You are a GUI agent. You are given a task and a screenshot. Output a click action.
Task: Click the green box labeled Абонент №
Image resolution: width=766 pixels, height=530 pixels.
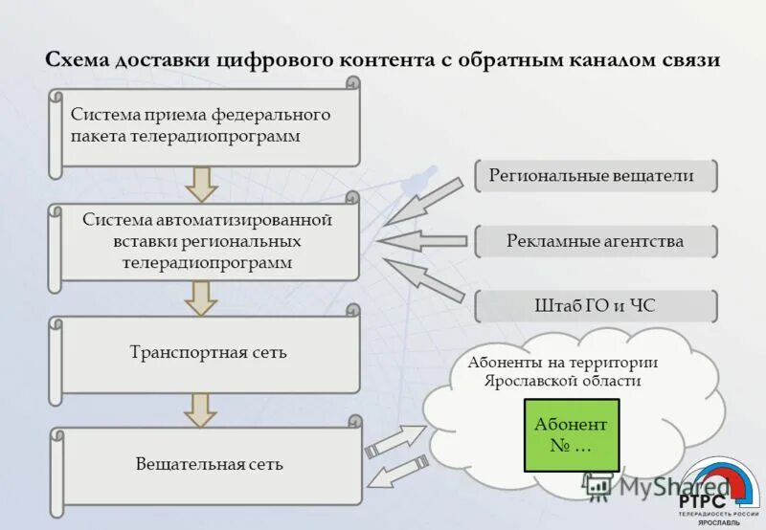pyautogui.click(x=572, y=435)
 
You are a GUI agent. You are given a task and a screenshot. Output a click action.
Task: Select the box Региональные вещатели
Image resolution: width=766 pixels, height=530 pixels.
pyautogui.click(x=596, y=176)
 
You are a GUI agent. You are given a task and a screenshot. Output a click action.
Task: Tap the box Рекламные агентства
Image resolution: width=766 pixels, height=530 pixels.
pyautogui.click(x=596, y=241)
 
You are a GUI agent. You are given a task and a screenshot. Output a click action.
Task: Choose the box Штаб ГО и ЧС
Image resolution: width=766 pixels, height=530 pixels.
pyautogui.click(x=596, y=306)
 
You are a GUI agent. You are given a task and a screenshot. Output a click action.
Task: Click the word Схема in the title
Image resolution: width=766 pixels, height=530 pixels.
pyautogui.click(x=78, y=59)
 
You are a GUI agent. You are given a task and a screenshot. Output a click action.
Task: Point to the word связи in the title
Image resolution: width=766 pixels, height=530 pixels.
pyautogui.click(x=685, y=59)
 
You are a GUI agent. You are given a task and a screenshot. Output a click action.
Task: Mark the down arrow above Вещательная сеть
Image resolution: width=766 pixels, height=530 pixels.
pyautogui.click(x=202, y=409)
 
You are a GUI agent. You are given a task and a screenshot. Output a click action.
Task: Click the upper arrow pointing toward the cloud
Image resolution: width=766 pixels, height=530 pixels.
pyautogui.click(x=394, y=440)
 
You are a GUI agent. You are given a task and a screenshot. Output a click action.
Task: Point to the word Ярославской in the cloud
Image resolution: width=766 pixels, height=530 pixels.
pyautogui.click(x=532, y=381)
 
